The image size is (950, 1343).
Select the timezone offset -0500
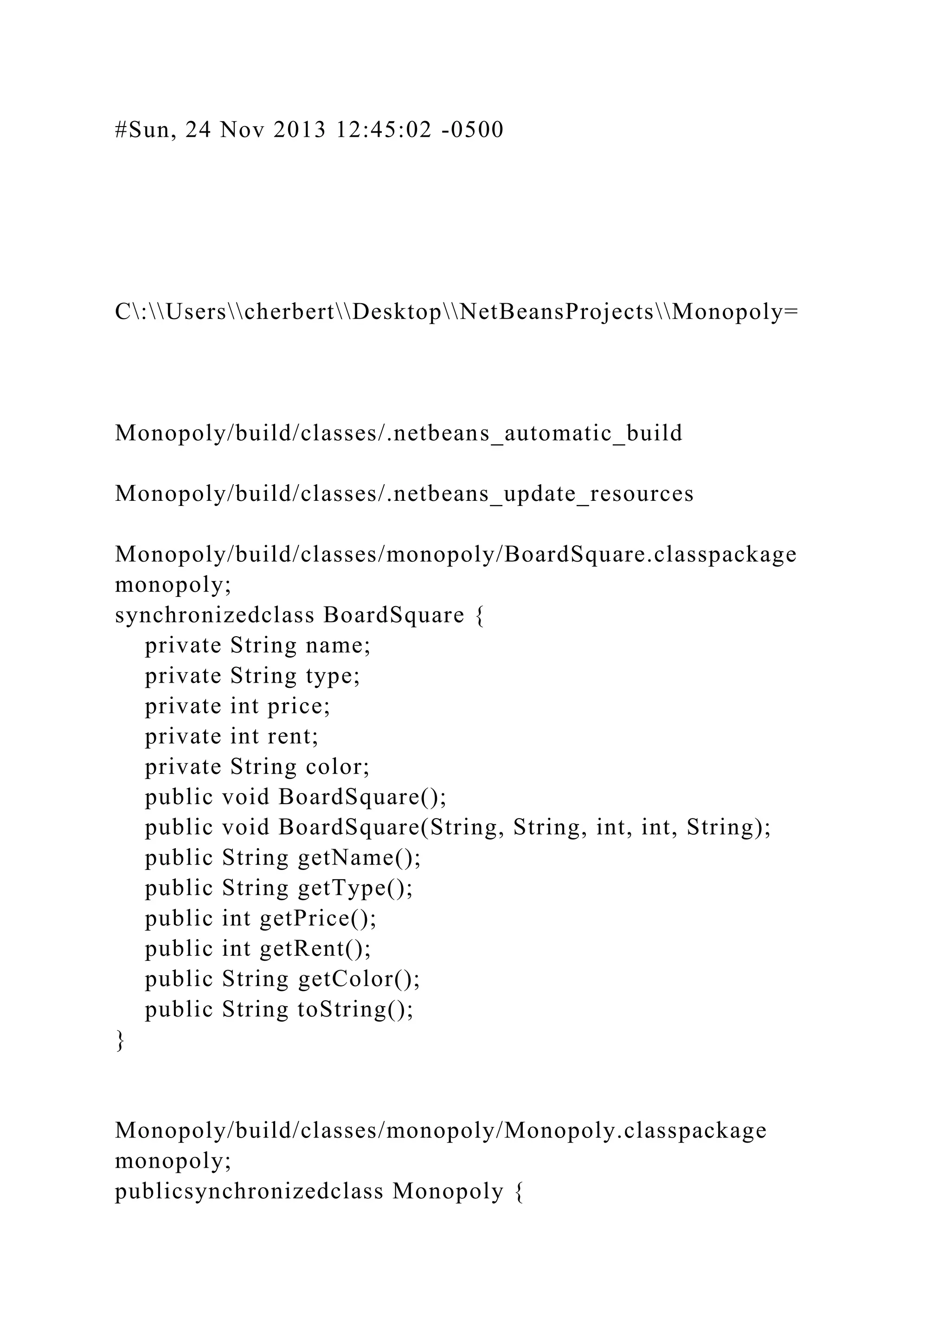469,130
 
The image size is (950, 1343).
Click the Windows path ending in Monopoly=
456,313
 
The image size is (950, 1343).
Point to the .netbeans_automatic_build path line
398,434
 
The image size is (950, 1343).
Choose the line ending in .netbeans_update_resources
404,494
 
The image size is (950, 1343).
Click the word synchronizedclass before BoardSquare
214,615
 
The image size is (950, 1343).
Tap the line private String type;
252,676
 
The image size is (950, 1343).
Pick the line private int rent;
231,736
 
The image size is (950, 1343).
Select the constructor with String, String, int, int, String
524,827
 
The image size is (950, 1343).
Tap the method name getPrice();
318,918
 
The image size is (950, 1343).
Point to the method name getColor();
359,978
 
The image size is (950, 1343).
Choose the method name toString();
355,1009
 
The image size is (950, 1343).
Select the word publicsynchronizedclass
249,1191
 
